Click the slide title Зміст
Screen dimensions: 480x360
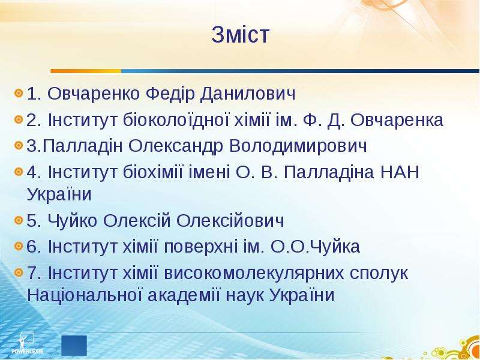(241, 34)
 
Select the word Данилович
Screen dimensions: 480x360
(248, 94)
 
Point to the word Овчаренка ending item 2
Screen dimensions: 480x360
(397, 120)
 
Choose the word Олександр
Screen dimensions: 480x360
(176, 146)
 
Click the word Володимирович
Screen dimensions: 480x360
(298, 146)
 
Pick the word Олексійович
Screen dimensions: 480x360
(230, 220)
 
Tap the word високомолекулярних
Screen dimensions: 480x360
(254, 273)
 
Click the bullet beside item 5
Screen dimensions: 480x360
(19, 220)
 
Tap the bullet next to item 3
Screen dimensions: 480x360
(19, 145)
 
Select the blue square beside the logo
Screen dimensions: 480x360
(74, 346)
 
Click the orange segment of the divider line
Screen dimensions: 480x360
(86, 71)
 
